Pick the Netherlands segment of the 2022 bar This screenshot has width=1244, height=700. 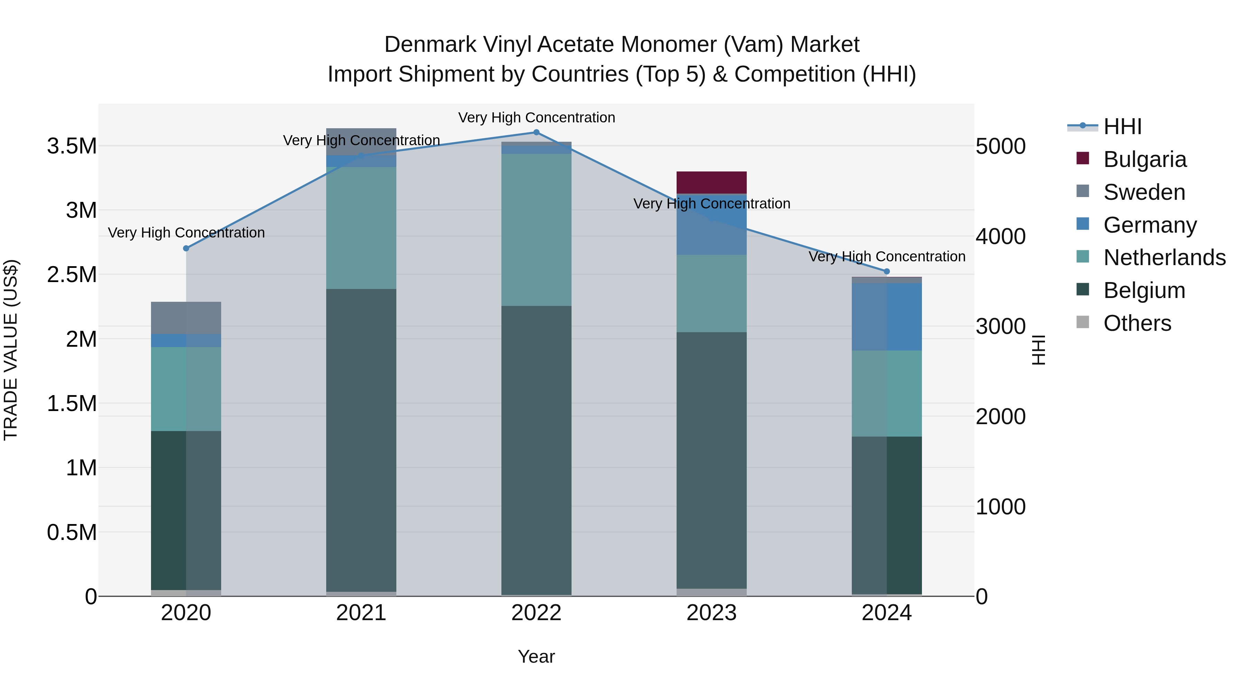click(x=536, y=230)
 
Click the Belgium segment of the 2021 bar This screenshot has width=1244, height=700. click(x=361, y=440)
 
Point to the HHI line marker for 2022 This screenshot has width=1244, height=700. click(x=536, y=132)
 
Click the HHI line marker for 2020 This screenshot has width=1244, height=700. click(x=186, y=248)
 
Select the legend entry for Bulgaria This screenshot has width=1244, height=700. click(x=1144, y=159)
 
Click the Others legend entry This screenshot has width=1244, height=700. click(x=1137, y=323)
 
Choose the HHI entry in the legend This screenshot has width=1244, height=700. click(x=1122, y=127)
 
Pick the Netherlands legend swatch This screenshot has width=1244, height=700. click(x=1083, y=257)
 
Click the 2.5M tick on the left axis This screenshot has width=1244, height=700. click(x=72, y=274)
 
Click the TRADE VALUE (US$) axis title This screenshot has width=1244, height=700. click(x=11, y=350)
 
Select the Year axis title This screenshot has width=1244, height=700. click(x=536, y=656)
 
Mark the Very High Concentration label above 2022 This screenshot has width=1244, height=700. click(x=536, y=118)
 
